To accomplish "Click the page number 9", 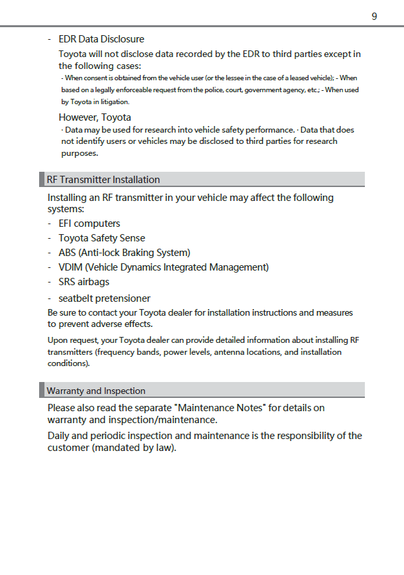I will [x=374, y=16].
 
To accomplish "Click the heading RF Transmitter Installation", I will [x=103, y=180].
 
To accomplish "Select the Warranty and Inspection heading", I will [x=96, y=391].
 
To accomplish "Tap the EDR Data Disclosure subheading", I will [x=101, y=39].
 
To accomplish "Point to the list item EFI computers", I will [x=89, y=224].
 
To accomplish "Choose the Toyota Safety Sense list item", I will [x=101, y=238].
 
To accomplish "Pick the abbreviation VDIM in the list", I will [x=70, y=267].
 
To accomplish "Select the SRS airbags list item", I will [x=84, y=282].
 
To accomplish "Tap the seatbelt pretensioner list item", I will [x=104, y=298].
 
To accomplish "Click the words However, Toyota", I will [x=95, y=117].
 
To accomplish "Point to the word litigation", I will [x=115, y=102].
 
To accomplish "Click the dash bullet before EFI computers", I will [x=50, y=224].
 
